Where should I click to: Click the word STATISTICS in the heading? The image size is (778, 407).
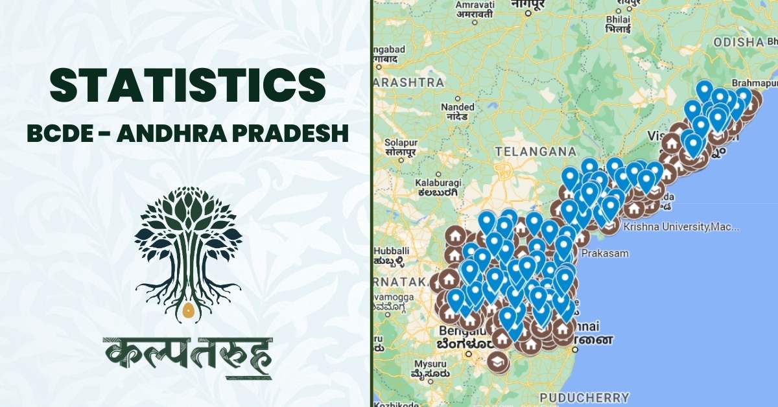click(187, 86)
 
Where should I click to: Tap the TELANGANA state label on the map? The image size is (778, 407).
click(535, 151)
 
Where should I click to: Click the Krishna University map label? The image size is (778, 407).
click(680, 227)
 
